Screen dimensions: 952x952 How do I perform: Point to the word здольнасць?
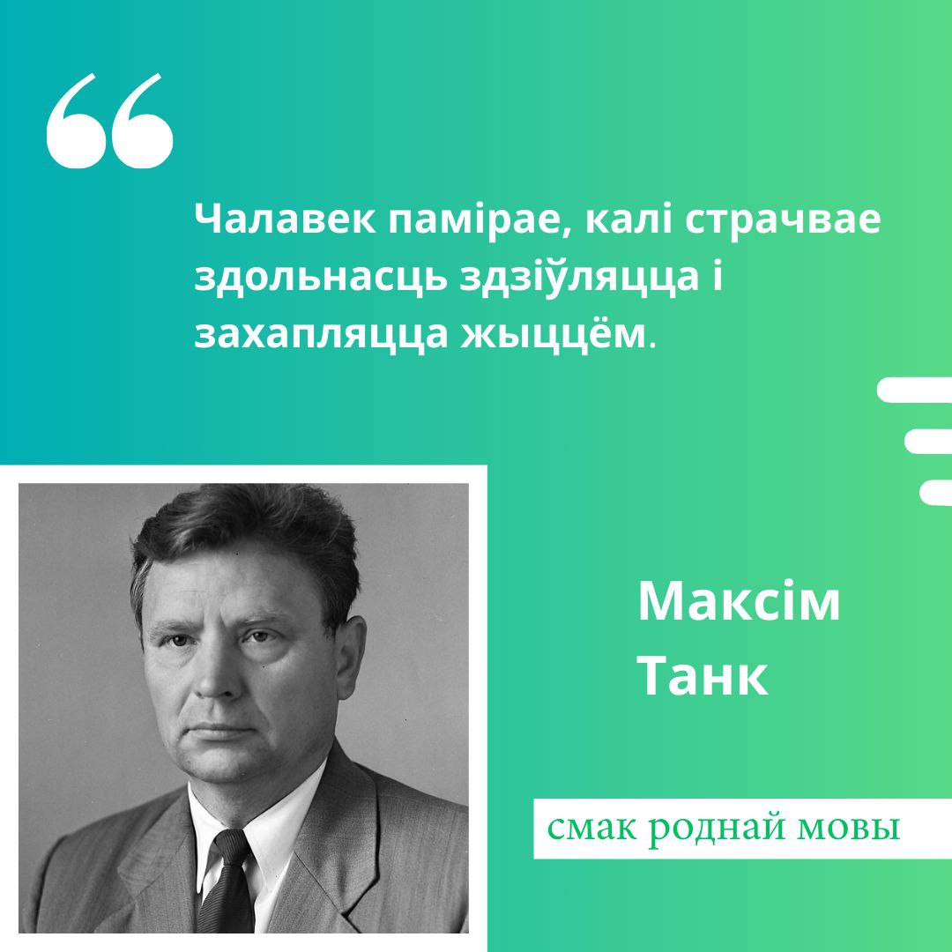point(320,277)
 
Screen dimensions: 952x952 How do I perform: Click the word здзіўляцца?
point(579,278)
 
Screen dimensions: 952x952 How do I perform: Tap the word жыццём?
point(551,333)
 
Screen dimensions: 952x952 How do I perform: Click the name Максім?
point(739,601)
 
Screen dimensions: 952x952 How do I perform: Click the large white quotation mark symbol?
point(110,121)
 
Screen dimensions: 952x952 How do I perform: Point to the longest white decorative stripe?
point(915,390)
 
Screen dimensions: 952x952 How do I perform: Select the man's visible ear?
point(351,657)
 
